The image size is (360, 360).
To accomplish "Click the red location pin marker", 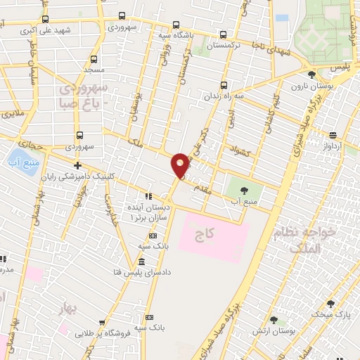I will (179, 165).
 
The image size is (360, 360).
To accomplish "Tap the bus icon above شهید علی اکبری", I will (46, 20).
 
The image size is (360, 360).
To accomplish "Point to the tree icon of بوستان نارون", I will (311, 74).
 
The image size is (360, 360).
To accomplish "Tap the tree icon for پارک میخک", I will (330, 304).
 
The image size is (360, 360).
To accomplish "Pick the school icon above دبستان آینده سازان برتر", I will (148, 196).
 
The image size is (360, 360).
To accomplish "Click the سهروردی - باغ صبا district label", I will (82, 95).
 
